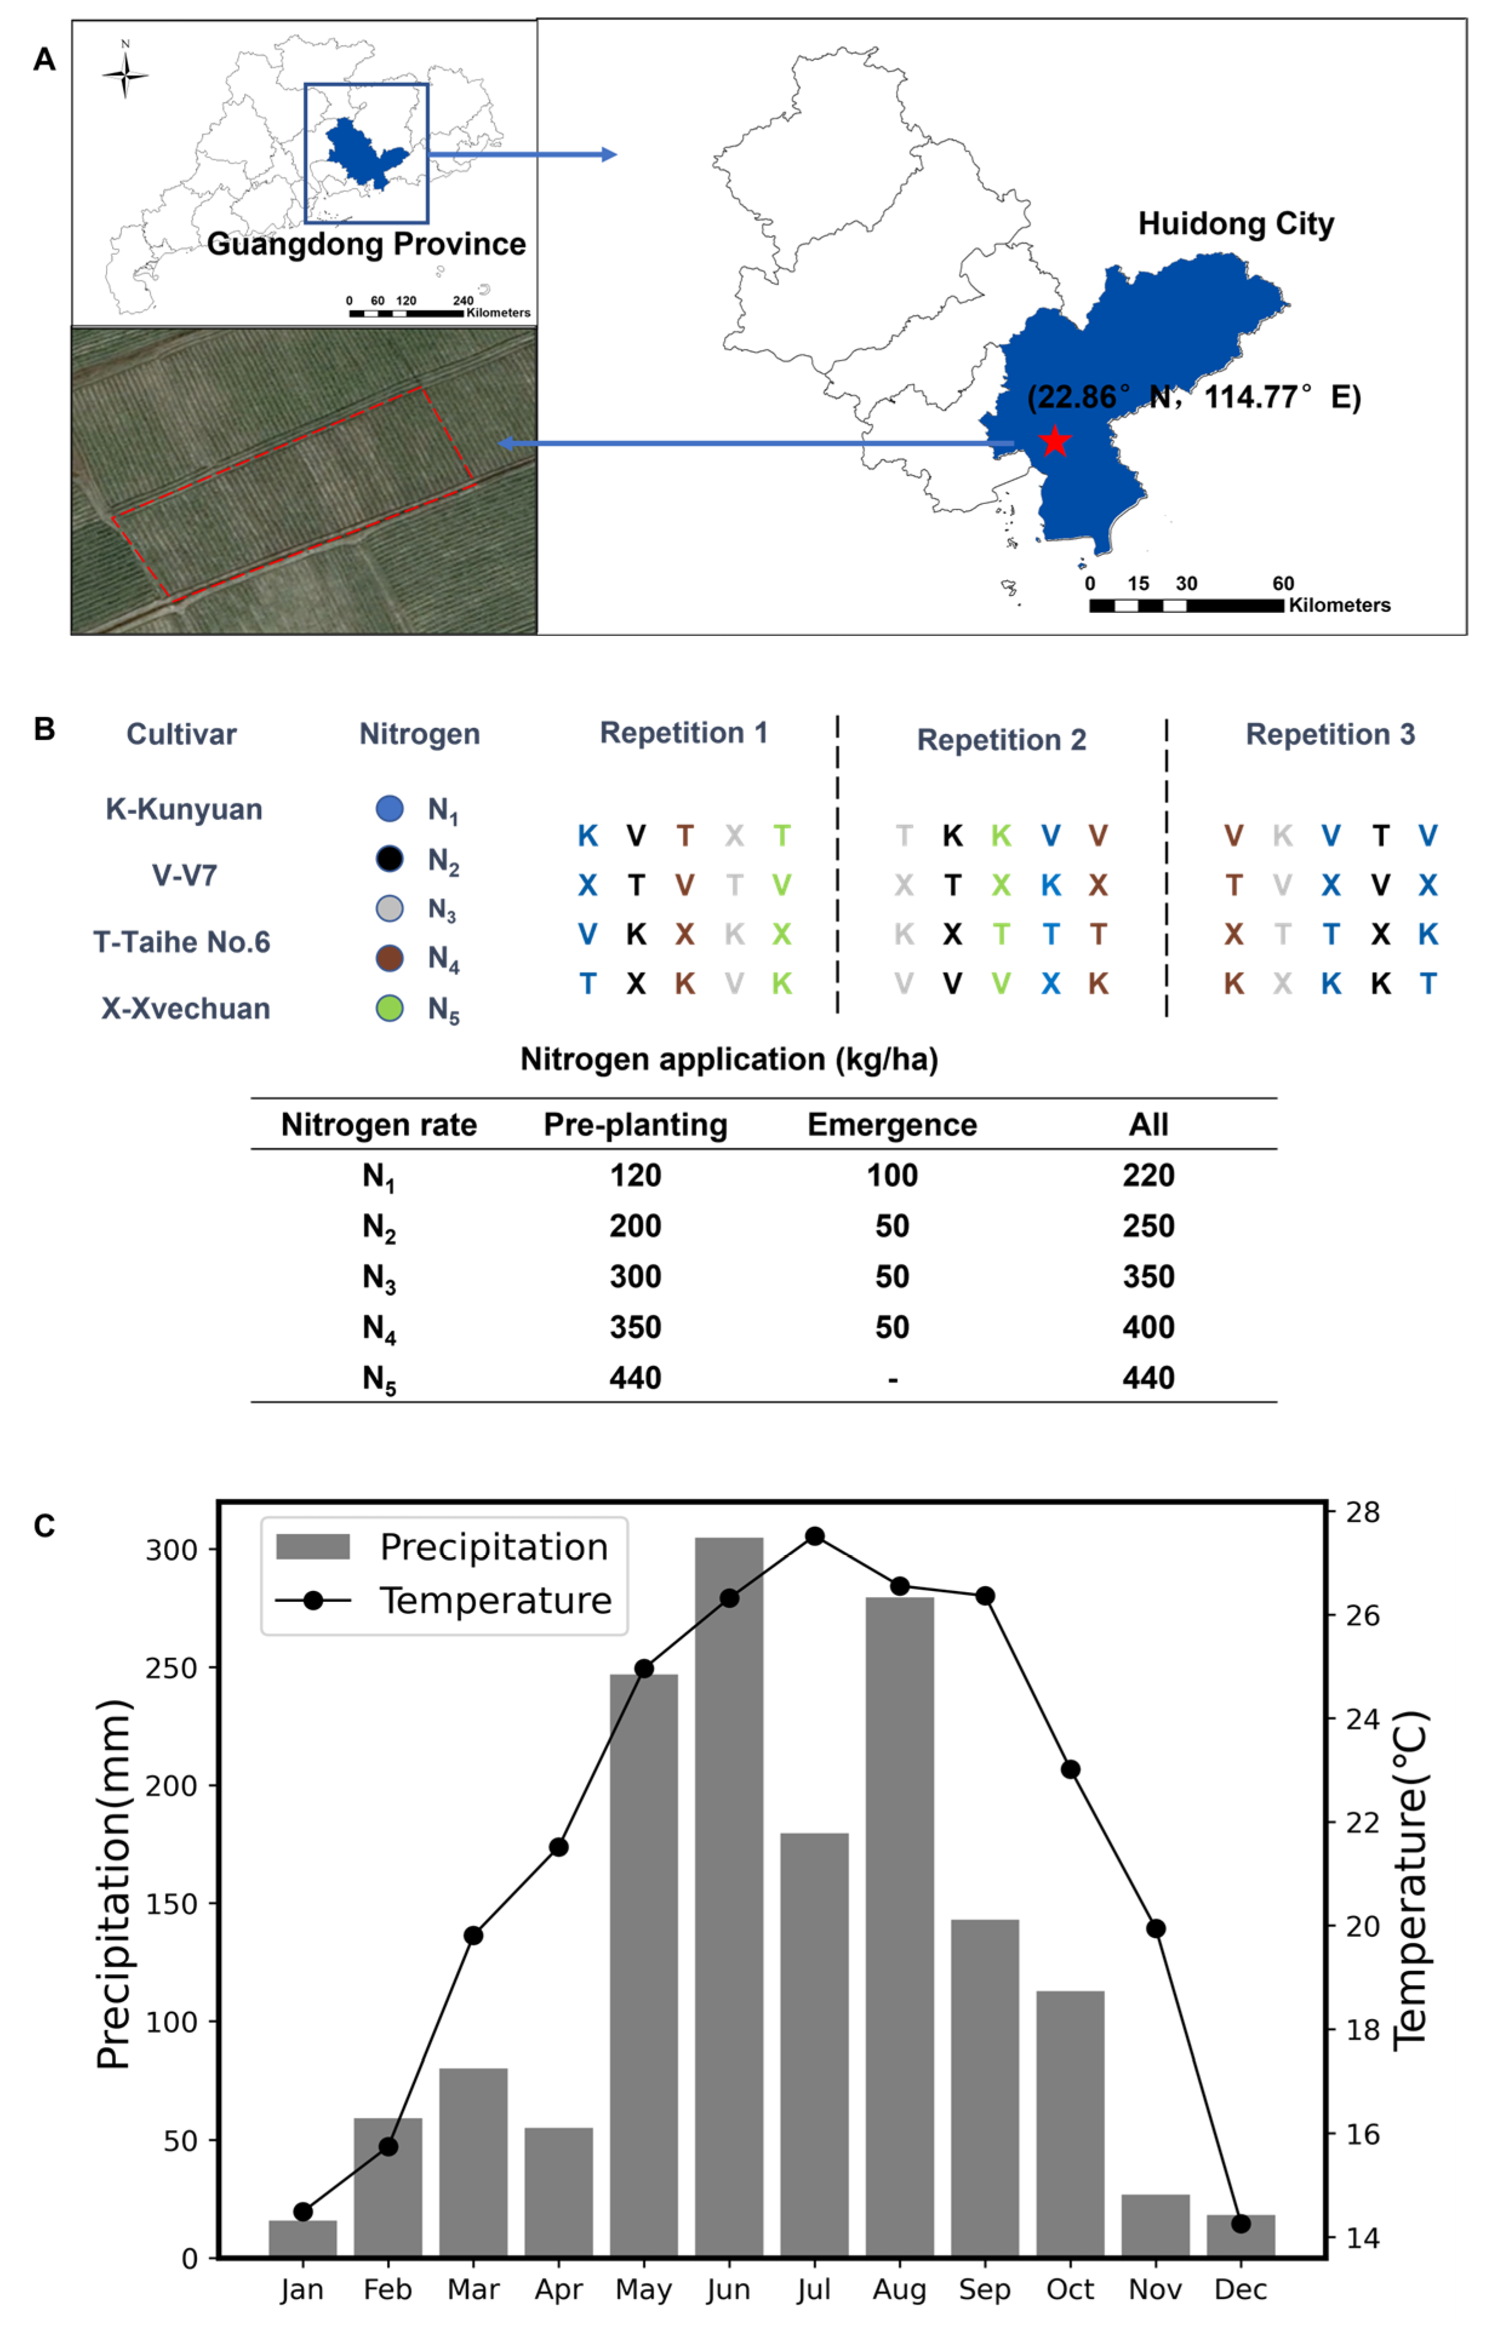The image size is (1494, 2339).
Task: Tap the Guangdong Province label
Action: tap(365, 244)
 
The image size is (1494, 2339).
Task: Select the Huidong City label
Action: tap(1236, 223)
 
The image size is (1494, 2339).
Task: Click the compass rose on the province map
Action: tap(125, 74)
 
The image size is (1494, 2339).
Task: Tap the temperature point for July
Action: tap(815, 1536)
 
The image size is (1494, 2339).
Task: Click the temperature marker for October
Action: tap(1071, 1769)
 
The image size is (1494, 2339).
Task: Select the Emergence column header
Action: tap(892, 1124)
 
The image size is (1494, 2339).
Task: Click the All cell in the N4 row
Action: tap(1148, 1327)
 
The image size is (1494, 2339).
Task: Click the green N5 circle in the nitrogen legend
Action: tap(390, 1008)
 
